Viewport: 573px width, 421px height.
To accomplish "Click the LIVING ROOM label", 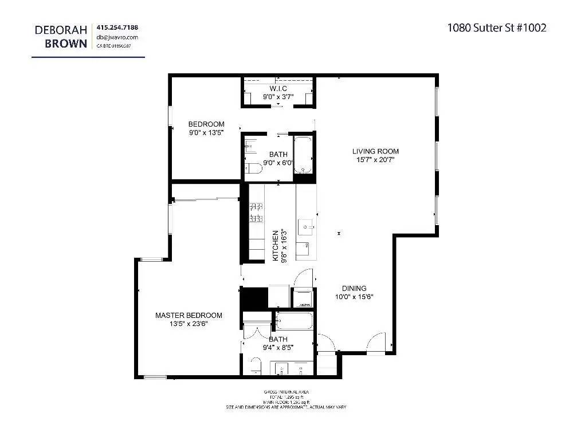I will click(x=375, y=151).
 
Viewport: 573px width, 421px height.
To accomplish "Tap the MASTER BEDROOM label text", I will click(x=189, y=315).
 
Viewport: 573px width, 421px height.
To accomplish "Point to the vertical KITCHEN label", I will click(x=276, y=246).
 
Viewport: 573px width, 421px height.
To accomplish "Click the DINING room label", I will click(x=354, y=289).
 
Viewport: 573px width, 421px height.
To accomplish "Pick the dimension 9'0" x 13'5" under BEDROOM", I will click(x=206, y=132).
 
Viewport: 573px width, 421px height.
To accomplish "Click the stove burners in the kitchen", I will click(x=256, y=212).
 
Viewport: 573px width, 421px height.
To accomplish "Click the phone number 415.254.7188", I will click(x=117, y=27).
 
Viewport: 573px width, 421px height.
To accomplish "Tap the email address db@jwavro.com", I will click(x=117, y=37).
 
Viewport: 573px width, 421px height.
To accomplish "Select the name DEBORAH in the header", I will click(x=61, y=29).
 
